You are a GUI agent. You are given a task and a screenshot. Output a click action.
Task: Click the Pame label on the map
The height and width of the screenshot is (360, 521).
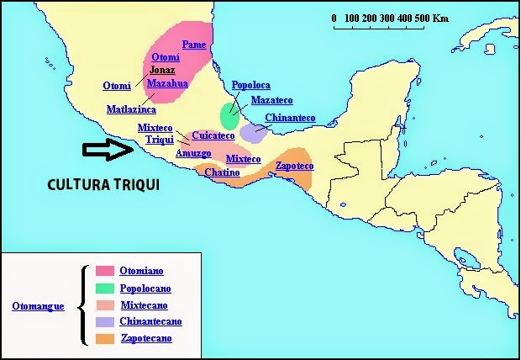point(194,44)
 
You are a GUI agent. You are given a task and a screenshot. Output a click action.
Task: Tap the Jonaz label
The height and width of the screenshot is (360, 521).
point(163,70)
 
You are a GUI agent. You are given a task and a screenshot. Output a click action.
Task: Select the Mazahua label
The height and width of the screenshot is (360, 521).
point(167,83)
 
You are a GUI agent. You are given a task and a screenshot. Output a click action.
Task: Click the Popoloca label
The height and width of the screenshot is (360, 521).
point(250,85)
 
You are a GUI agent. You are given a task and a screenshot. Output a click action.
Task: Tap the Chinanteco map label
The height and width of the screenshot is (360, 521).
point(290,118)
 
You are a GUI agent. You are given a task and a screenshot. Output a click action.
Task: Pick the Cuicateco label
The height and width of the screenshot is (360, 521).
point(213,135)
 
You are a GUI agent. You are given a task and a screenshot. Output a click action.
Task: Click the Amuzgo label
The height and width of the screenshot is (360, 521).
point(193,153)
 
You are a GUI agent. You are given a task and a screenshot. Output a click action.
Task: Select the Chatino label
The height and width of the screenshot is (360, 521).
point(222,172)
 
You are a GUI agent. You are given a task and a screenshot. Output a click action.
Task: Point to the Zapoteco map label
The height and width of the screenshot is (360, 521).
point(294,166)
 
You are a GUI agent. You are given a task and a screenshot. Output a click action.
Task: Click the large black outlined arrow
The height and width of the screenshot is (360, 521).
point(108,151)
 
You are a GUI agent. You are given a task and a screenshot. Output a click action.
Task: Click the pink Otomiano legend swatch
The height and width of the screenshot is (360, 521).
point(104,271)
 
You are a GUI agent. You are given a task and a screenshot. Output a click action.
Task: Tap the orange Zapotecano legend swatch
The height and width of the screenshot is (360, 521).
point(104,338)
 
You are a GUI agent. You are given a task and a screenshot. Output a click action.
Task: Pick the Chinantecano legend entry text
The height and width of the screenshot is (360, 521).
point(151,321)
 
